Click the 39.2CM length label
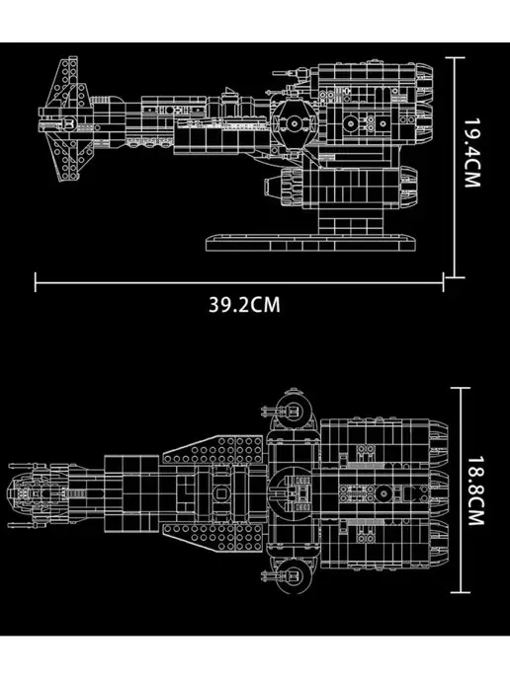tap(244, 304)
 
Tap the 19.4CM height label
tap(472, 153)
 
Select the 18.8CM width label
tap(474, 490)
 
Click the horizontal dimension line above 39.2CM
tap(239, 283)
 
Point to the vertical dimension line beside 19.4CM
tap(455, 167)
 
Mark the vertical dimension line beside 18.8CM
tap(461, 490)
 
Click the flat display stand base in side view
tap(311, 243)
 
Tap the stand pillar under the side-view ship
tap(351, 222)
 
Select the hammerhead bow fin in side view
tap(66, 118)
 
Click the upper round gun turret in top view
tap(293, 410)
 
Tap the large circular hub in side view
tap(295, 123)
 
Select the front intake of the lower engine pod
tap(273, 188)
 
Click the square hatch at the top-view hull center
tap(221, 493)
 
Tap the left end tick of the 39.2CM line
tap(36, 282)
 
